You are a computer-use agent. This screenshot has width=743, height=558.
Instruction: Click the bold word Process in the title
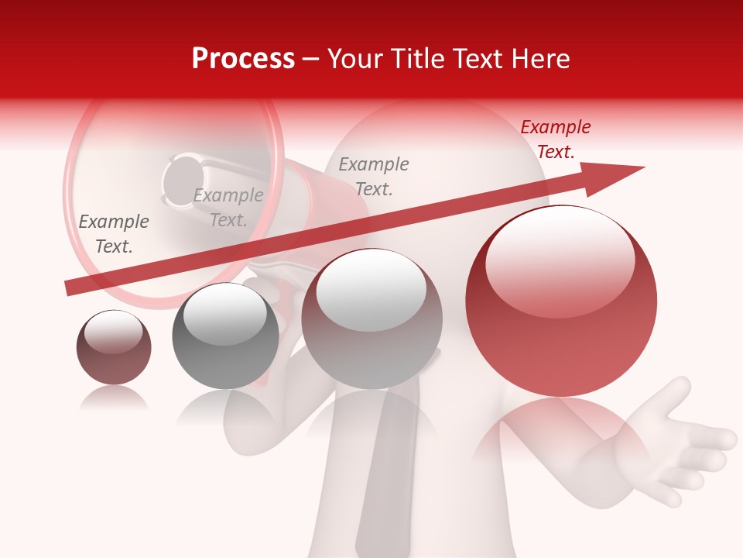(x=243, y=59)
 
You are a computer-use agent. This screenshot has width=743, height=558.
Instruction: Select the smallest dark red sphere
(x=114, y=347)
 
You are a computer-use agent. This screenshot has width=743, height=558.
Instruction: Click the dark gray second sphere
(x=225, y=336)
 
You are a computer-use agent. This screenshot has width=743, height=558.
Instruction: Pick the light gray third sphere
(x=371, y=319)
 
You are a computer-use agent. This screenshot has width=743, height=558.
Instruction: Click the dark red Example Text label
(x=556, y=139)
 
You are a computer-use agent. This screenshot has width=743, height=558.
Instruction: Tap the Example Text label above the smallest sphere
(x=114, y=234)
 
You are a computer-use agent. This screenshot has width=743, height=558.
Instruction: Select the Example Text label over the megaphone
(x=228, y=208)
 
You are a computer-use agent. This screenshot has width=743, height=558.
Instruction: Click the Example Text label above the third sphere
(x=374, y=177)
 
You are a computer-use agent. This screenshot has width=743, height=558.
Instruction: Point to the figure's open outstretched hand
(x=681, y=442)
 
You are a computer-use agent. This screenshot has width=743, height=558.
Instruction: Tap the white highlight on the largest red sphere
(x=560, y=260)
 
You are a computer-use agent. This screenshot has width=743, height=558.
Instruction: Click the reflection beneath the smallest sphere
(x=114, y=398)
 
